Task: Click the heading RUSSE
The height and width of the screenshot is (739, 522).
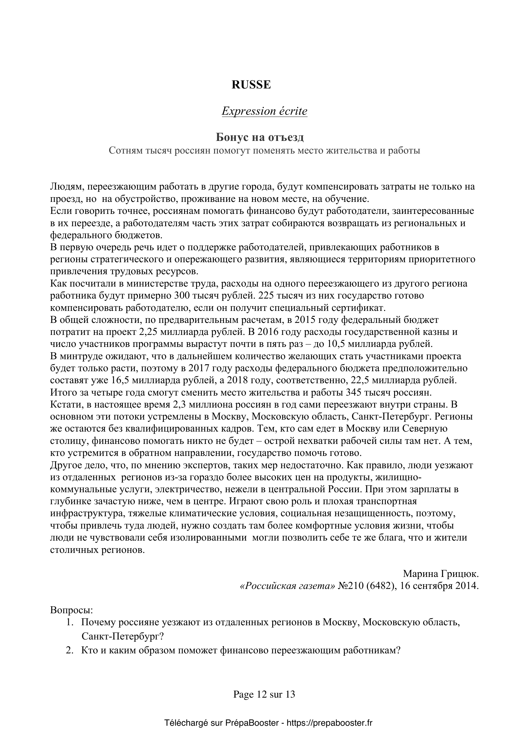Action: (251, 85)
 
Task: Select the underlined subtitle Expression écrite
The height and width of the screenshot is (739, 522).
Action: (264, 111)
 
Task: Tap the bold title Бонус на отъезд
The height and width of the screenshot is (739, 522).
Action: (260, 137)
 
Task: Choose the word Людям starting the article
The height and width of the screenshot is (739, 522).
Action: (66, 186)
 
